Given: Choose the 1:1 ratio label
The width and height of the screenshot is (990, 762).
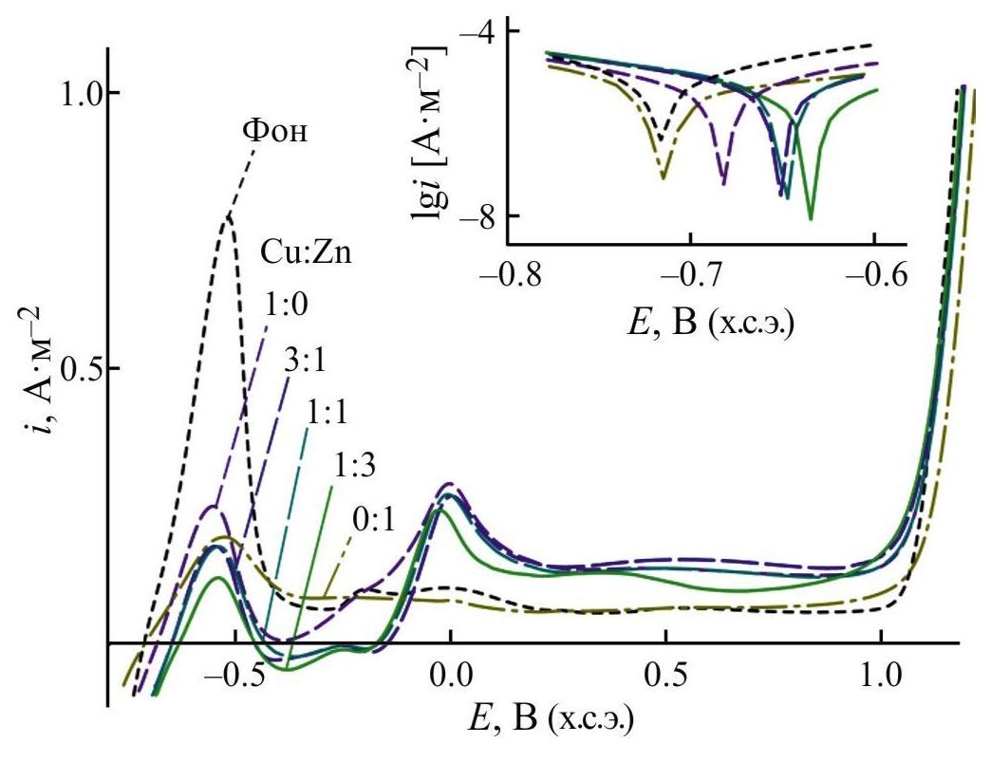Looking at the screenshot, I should point(327,415).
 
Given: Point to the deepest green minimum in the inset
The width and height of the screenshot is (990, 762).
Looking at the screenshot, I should point(811,219).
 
